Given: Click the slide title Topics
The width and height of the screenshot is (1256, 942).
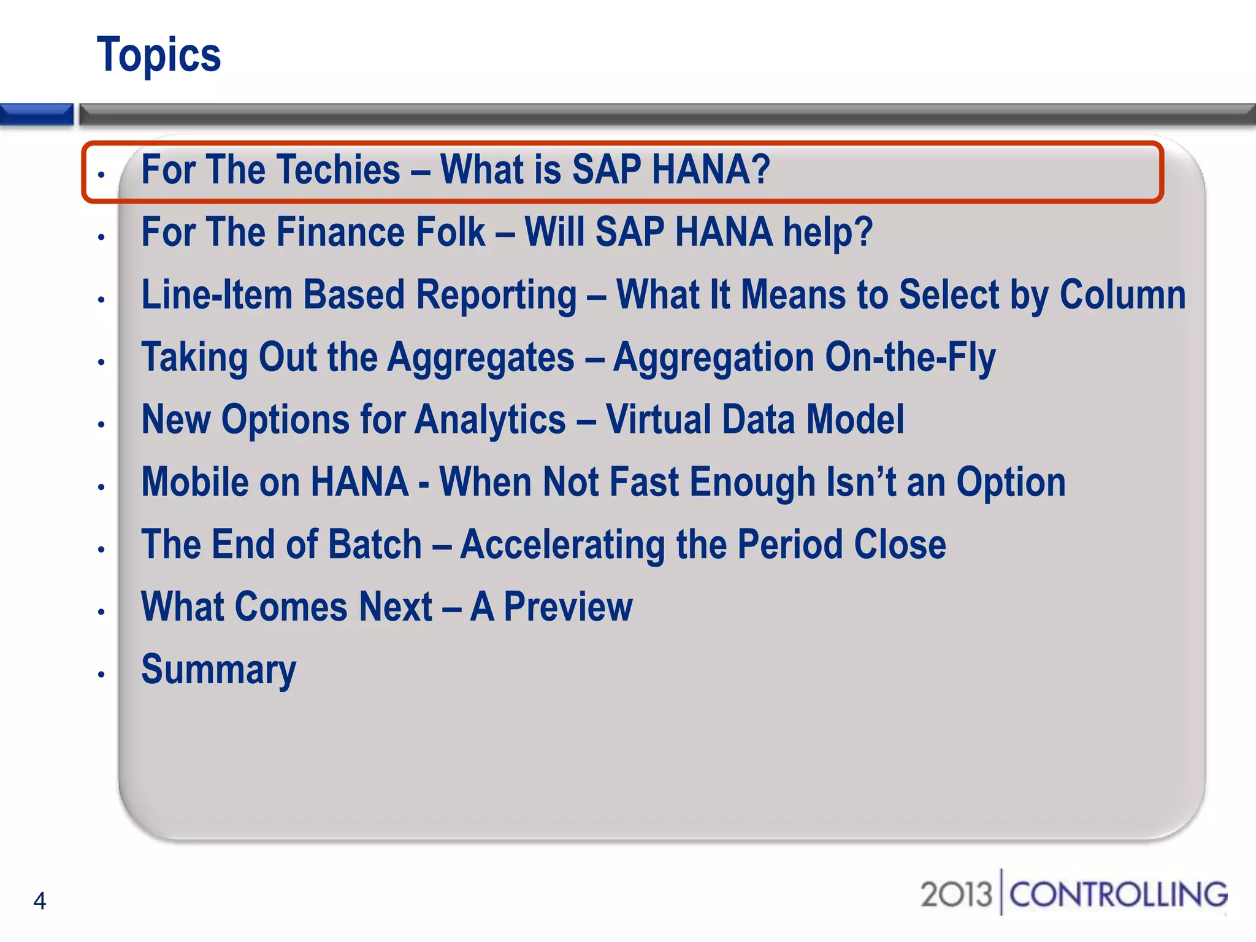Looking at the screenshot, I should pyautogui.click(x=159, y=55).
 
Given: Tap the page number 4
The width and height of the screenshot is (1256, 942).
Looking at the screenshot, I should pyautogui.click(x=40, y=901).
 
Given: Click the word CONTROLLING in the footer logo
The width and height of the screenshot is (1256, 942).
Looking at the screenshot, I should pyautogui.click(x=1118, y=895).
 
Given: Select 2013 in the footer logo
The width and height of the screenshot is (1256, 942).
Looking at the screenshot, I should pyautogui.click(x=955, y=895).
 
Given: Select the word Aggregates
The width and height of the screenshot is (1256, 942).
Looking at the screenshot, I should pyautogui.click(x=481, y=358).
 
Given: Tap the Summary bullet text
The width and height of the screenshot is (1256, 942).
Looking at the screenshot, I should pyautogui.click(x=218, y=670).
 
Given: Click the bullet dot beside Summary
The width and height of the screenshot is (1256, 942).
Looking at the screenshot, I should pyautogui.click(x=102, y=675).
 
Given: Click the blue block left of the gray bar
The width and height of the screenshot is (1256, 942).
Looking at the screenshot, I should pyautogui.click(x=36, y=114).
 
